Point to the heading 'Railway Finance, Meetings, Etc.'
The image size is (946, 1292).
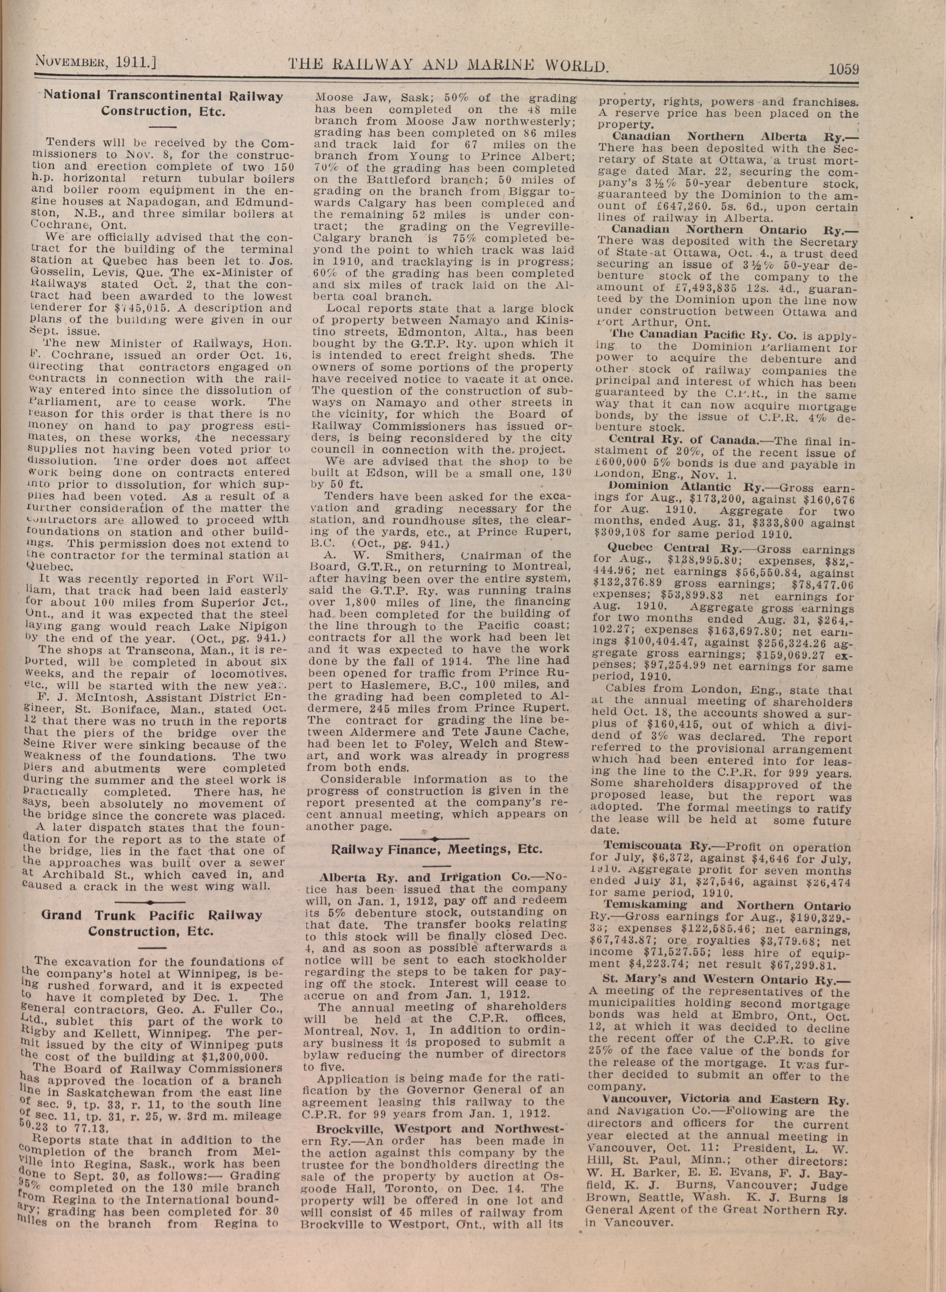click(x=437, y=849)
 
